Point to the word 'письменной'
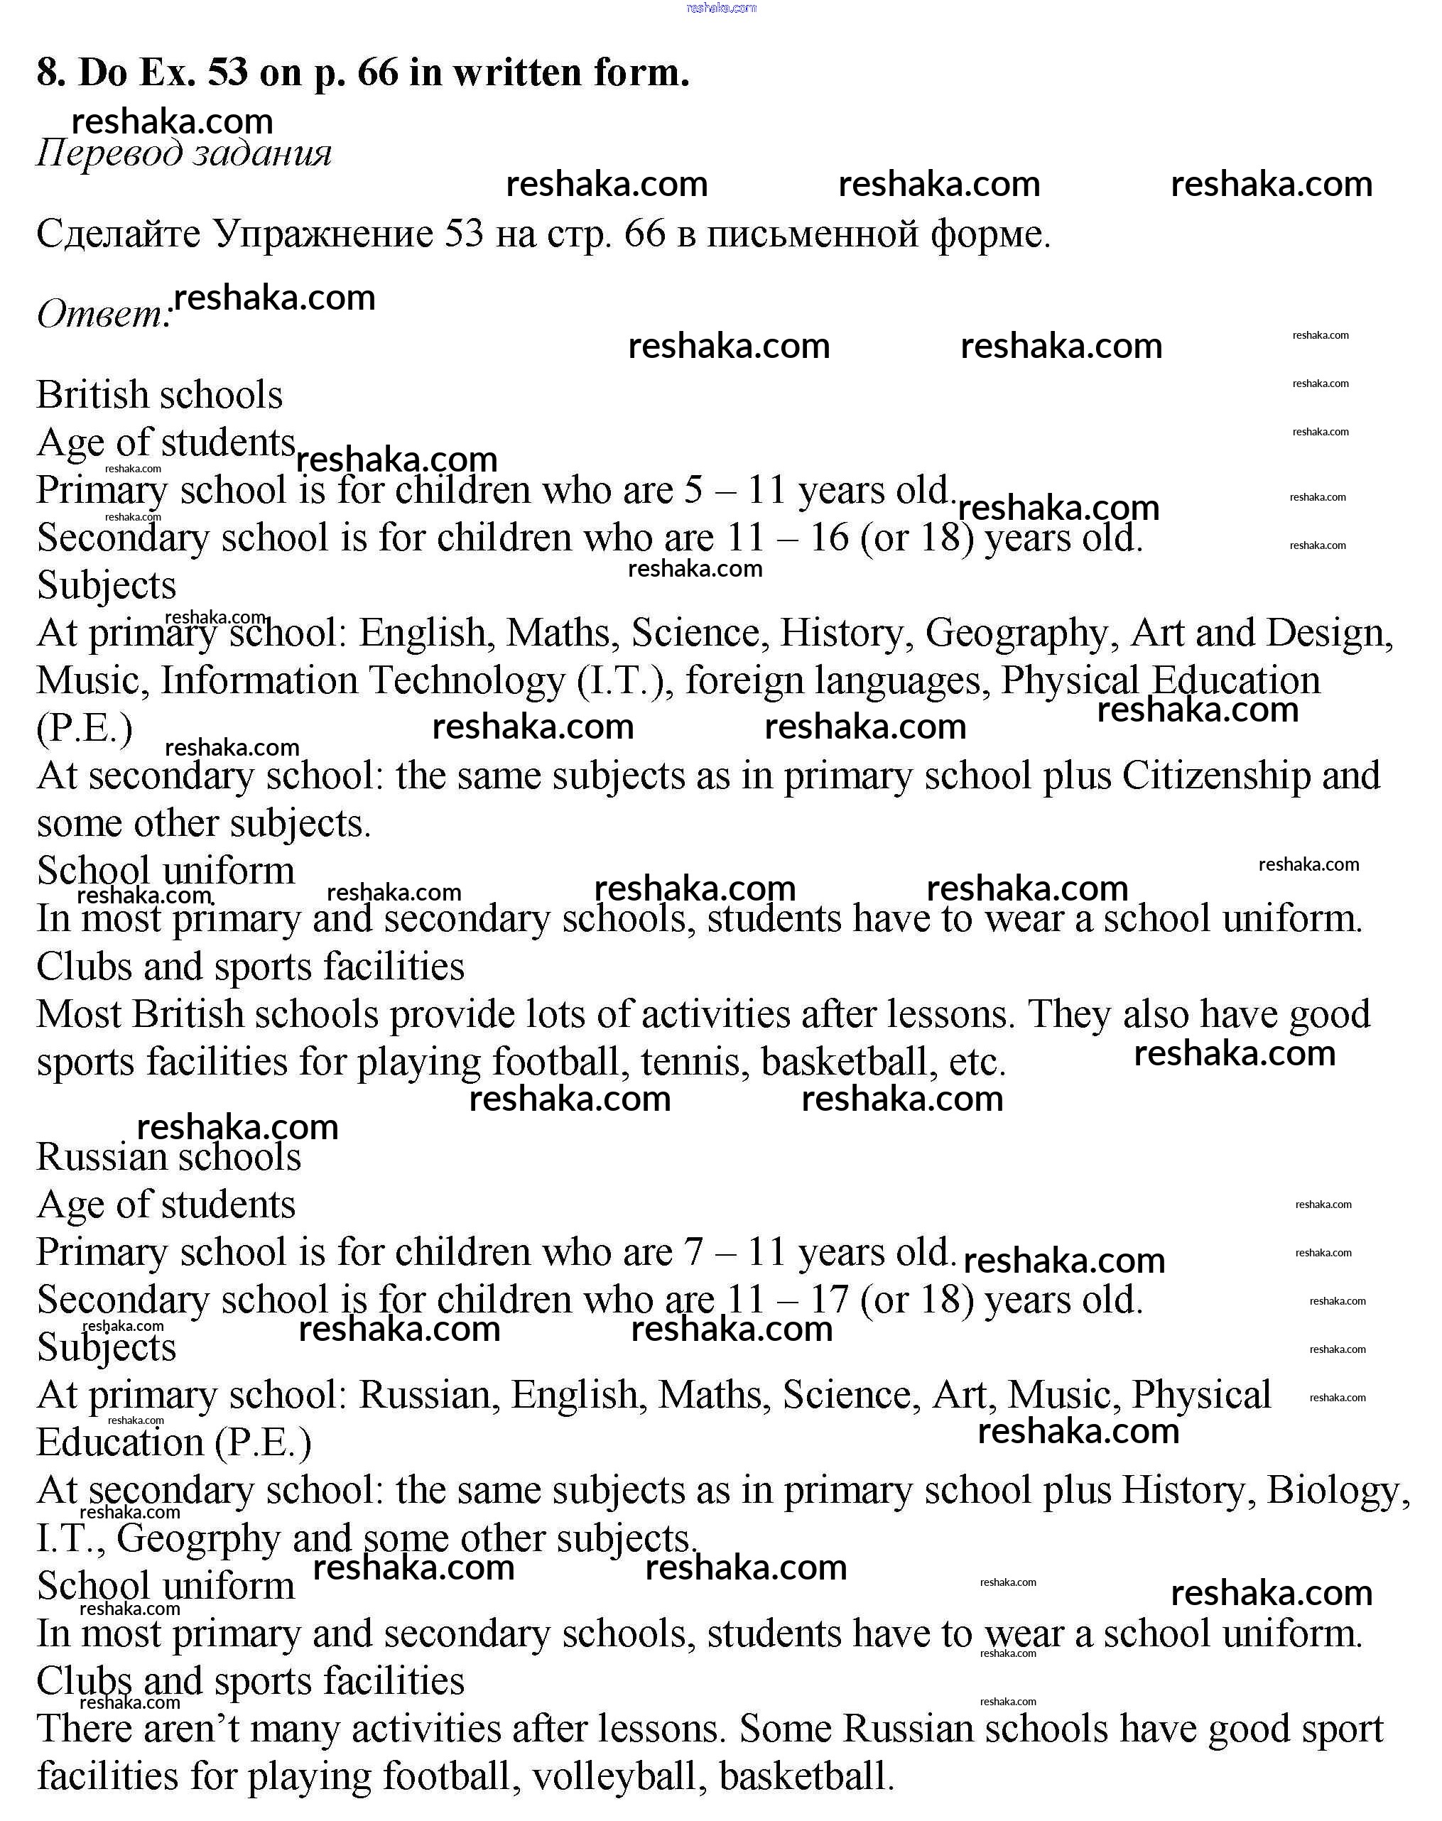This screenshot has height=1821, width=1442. coord(811,234)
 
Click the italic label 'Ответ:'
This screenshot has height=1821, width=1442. coord(104,314)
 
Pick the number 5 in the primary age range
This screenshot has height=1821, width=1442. coord(693,491)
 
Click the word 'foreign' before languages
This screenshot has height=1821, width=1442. coord(744,681)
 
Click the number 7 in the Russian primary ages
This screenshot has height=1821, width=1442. coord(693,1253)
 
